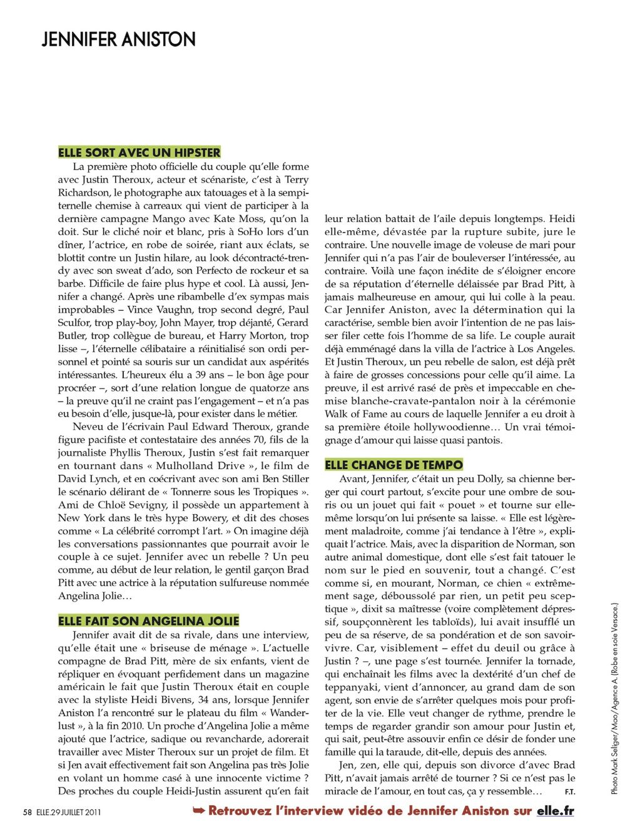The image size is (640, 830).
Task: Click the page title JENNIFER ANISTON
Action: click(x=118, y=39)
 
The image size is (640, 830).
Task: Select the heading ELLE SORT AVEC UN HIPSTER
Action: click(x=140, y=152)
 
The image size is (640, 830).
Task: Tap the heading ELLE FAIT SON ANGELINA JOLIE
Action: click(x=149, y=620)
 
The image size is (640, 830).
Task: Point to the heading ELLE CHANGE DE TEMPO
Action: click(x=394, y=464)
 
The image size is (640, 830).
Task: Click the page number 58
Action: click(x=27, y=812)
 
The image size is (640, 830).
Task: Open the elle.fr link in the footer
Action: click(x=555, y=811)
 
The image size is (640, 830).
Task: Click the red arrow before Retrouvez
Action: click(x=199, y=811)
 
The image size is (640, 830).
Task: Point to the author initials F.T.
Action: click(x=569, y=792)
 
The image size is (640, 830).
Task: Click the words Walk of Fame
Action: click(x=355, y=414)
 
